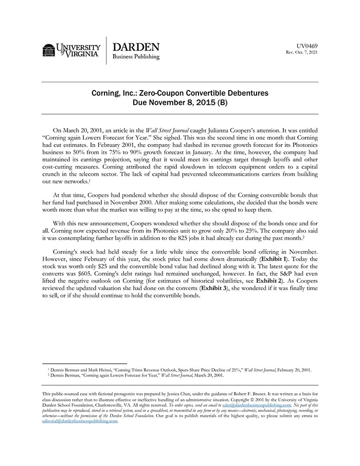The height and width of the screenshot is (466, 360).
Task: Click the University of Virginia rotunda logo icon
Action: pos(49,50)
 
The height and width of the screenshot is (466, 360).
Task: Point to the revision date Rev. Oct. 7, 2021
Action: pos(302,52)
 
